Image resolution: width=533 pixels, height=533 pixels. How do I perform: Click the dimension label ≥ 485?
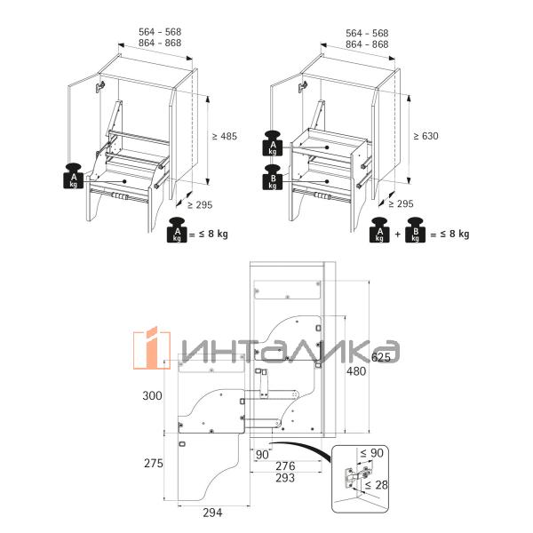point(225,137)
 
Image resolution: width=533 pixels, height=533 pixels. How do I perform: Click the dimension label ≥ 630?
point(426,136)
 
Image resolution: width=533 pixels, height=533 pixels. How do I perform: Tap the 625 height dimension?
point(381,357)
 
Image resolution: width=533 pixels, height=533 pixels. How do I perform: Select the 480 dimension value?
point(356,371)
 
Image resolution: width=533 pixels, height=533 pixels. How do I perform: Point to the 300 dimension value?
point(152,395)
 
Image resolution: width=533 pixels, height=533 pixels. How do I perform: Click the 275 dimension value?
point(154,464)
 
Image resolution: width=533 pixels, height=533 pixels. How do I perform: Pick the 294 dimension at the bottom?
point(213,513)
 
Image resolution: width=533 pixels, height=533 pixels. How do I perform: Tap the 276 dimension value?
point(285,466)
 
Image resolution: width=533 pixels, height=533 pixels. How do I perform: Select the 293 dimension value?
point(285,478)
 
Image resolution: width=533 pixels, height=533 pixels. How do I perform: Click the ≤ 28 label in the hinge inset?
point(377,485)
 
